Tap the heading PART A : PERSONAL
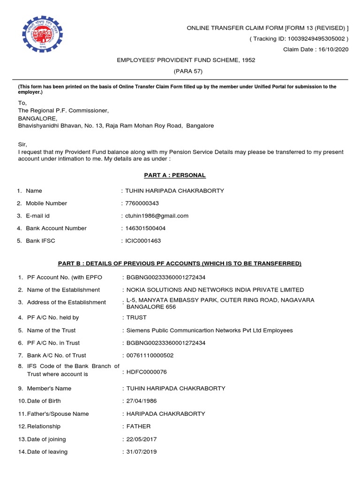coord(174,175)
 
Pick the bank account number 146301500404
coord(145,228)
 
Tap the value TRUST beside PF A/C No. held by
coord(137,318)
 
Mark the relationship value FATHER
coord(138,427)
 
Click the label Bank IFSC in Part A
coord(44,241)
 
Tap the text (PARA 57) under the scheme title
coord(187,71)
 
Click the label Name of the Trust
coord(51,330)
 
